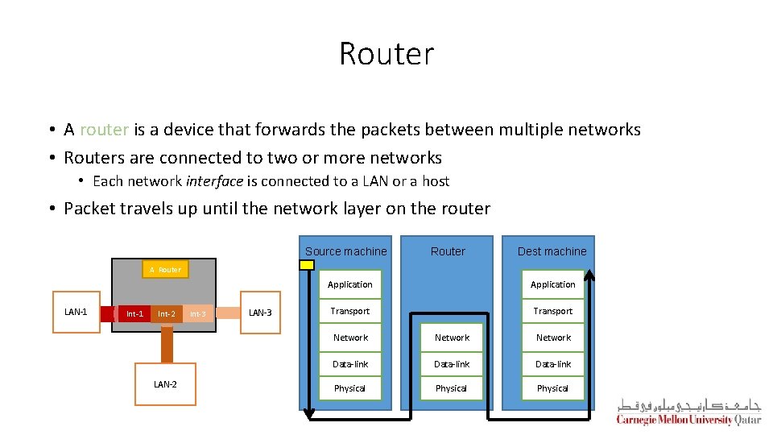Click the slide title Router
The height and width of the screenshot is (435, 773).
click(386, 54)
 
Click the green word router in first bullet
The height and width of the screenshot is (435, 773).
click(105, 130)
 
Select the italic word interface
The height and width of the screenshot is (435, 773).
click(215, 181)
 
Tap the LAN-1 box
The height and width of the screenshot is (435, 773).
click(76, 312)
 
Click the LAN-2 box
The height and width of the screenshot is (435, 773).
click(165, 384)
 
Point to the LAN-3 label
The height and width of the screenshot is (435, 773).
click(260, 313)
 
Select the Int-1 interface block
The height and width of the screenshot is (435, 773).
click(134, 313)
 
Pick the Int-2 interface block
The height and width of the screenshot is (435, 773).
click(167, 313)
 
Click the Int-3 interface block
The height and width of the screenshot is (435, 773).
click(198, 313)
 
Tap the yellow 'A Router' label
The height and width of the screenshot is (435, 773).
click(165, 269)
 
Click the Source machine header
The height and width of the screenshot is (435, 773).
click(346, 251)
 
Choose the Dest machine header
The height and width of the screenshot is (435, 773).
click(552, 251)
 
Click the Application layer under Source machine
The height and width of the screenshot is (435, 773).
click(350, 284)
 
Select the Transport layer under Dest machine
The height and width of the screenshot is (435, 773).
click(553, 311)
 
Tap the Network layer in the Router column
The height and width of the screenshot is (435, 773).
click(452, 338)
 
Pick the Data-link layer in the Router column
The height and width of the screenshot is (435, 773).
click(452, 364)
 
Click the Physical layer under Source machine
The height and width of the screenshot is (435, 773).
click(350, 388)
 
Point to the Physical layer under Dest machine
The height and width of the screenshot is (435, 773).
click(553, 388)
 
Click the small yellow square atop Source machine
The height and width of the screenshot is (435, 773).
click(307, 264)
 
